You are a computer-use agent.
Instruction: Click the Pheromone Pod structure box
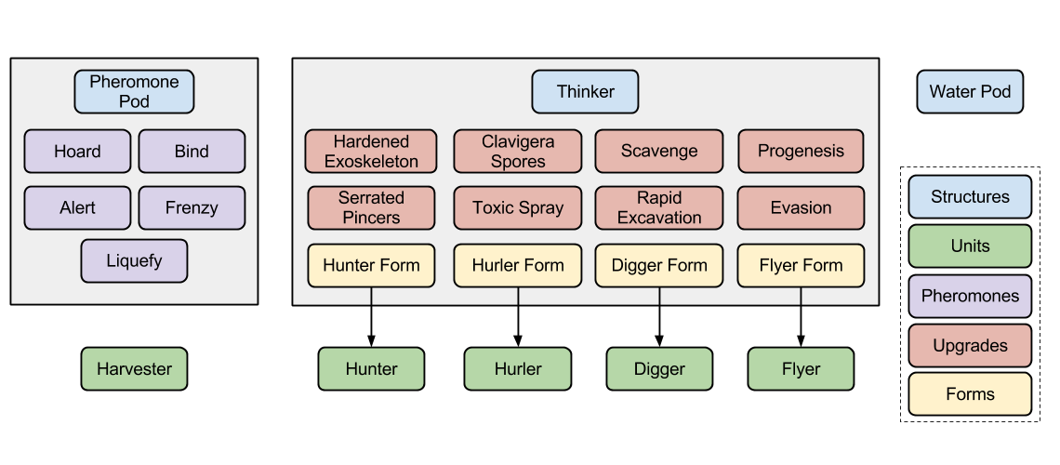click(x=134, y=92)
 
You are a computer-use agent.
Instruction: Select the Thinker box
click(x=585, y=92)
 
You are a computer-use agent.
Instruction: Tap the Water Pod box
click(x=970, y=92)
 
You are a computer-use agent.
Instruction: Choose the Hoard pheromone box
click(x=77, y=152)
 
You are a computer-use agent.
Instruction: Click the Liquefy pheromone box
click(x=134, y=261)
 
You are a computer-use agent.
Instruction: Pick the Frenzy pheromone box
click(x=192, y=207)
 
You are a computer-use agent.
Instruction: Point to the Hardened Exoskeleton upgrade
click(x=371, y=152)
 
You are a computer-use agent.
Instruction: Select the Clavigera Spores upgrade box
click(x=518, y=152)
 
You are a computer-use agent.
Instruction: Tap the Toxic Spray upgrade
click(x=518, y=207)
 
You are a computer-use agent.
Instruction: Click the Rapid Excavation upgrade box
click(x=659, y=207)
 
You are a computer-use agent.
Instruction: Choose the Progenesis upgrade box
click(x=801, y=152)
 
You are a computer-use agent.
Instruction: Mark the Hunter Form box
click(x=371, y=266)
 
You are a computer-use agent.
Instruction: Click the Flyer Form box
click(x=801, y=266)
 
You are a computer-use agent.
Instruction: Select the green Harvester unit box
click(x=134, y=369)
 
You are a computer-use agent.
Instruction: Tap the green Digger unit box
click(x=659, y=369)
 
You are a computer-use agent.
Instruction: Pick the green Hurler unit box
click(x=518, y=369)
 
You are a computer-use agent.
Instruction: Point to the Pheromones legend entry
click(x=970, y=296)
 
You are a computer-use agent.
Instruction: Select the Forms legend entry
click(x=970, y=394)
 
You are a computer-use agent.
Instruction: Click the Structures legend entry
click(x=970, y=197)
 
